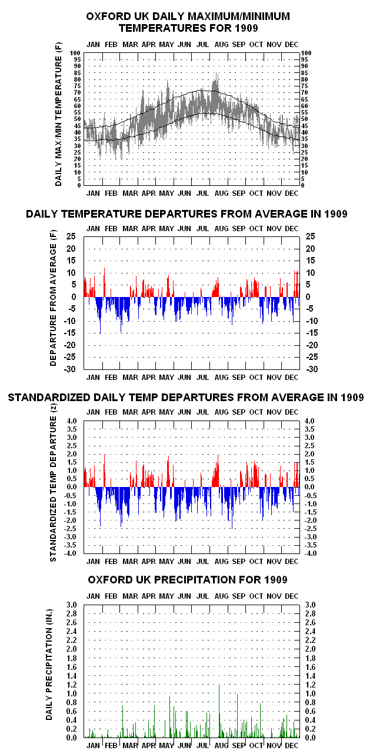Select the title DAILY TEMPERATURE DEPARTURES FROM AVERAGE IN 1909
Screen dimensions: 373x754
(x=186, y=214)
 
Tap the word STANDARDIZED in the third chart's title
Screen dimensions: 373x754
(x=49, y=398)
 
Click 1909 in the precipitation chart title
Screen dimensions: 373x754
(x=276, y=580)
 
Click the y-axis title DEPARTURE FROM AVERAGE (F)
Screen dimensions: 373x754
(x=53, y=298)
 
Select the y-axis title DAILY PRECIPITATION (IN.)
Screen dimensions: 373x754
(x=49, y=665)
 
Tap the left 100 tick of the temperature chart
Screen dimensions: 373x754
(x=75, y=53)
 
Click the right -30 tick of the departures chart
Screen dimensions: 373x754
(x=312, y=369)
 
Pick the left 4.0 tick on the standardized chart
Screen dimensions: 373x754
(x=72, y=421)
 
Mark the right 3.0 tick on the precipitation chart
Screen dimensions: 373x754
(x=311, y=605)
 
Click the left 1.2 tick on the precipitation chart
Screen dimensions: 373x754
(x=71, y=685)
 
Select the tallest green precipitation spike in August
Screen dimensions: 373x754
(x=219, y=710)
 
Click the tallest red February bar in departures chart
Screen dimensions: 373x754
(x=104, y=282)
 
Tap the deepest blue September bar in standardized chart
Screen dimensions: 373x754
(x=232, y=508)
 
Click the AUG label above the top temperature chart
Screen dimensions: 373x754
(x=221, y=45)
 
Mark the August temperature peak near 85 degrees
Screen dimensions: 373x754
(x=217, y=74)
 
